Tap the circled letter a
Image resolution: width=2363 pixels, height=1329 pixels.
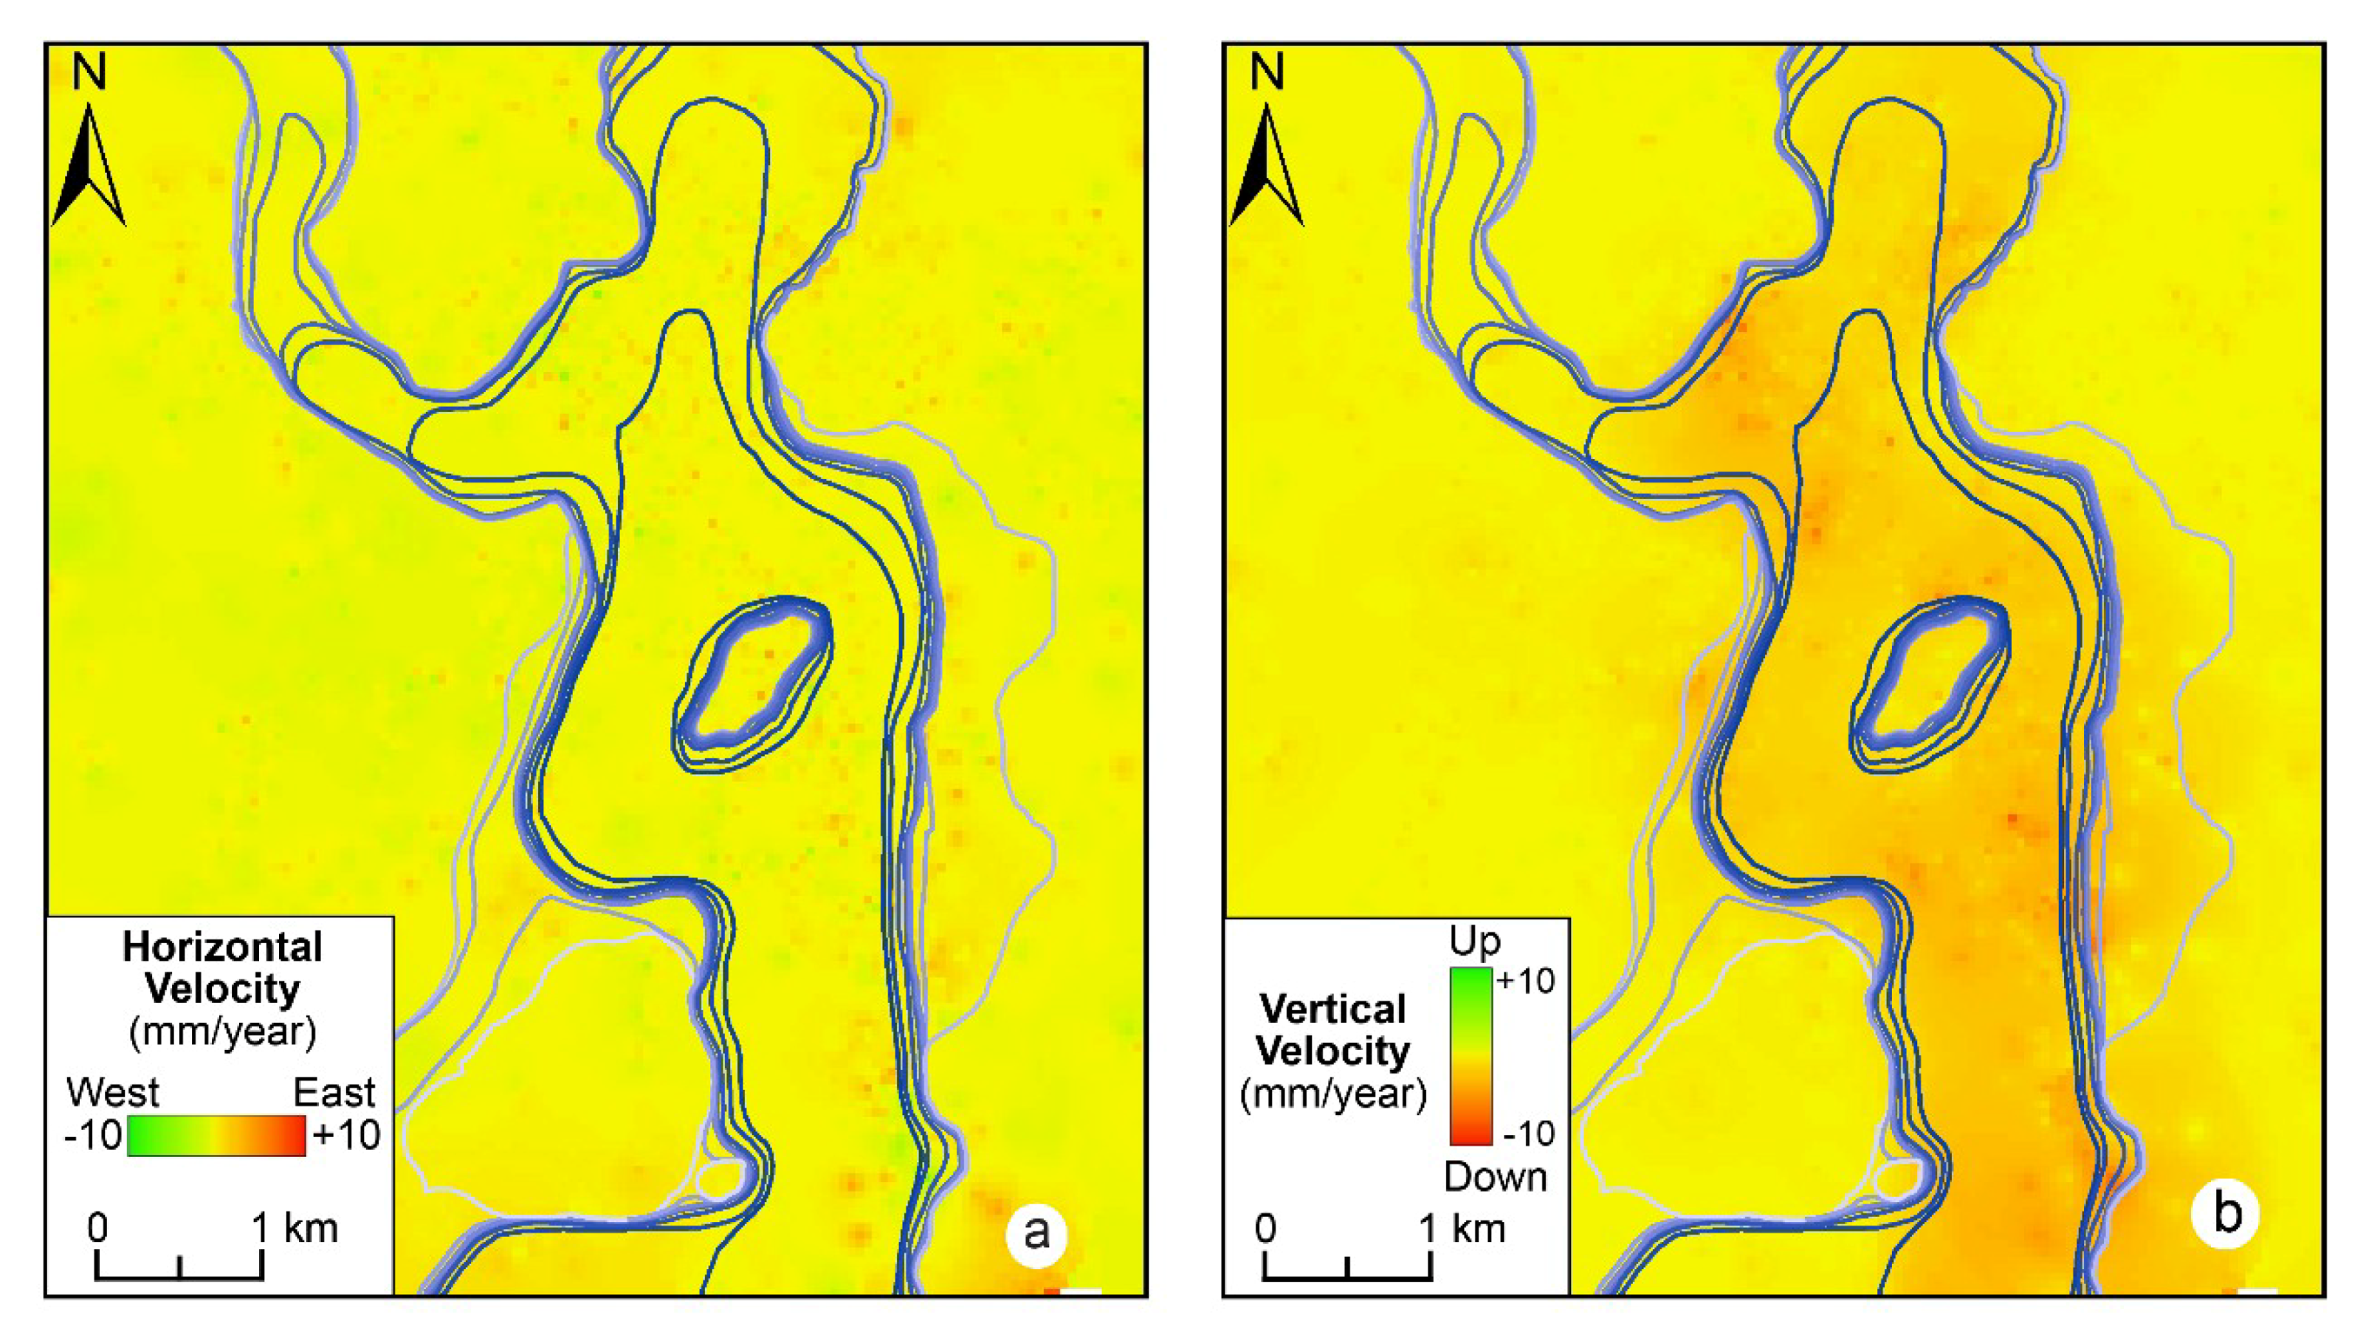pyautogui.click(x=1036, y=1232)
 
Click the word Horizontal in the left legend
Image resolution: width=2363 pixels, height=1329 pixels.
pyautogui.click(x=222, y=947)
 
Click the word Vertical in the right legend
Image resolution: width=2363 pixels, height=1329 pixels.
pyautogui.click(x=1333, y=1009)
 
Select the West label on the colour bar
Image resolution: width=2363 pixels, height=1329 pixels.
pyautogui.click(x=113, y=1092)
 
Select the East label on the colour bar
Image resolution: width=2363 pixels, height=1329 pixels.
pyautogui.click(x=334, y=1092)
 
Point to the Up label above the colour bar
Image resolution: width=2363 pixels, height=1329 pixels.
pyautogui.click(x=1475, y=942)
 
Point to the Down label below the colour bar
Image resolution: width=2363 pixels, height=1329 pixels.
pyautogui.click(x=1495, y=1177)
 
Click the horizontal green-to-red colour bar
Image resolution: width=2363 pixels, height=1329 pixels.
pyautogui.click(x=216, y=1136)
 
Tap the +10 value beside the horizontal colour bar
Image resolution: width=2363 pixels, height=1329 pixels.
pyautogui.click(x=345, y=1136)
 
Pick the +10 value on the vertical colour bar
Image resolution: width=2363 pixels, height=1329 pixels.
pyautogui.click(x=1525, y=981)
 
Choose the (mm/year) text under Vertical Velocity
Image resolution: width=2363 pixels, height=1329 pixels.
pyautogui.click(x=1333, y=1094)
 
